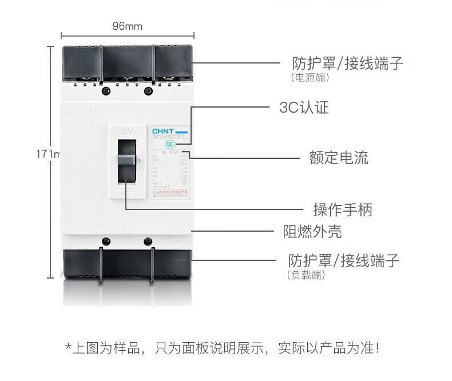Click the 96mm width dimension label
[127, 26]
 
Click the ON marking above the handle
[126, 132]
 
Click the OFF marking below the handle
[126, 192]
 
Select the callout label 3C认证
[304, 108]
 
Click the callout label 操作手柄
[342, 210]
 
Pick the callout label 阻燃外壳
[312, 232]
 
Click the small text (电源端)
[310, 78]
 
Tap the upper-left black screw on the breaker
[105, 90]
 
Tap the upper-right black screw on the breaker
[149, 90]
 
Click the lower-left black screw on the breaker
[105, 241]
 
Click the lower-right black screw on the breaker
[149, 241]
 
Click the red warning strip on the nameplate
[171, 195]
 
